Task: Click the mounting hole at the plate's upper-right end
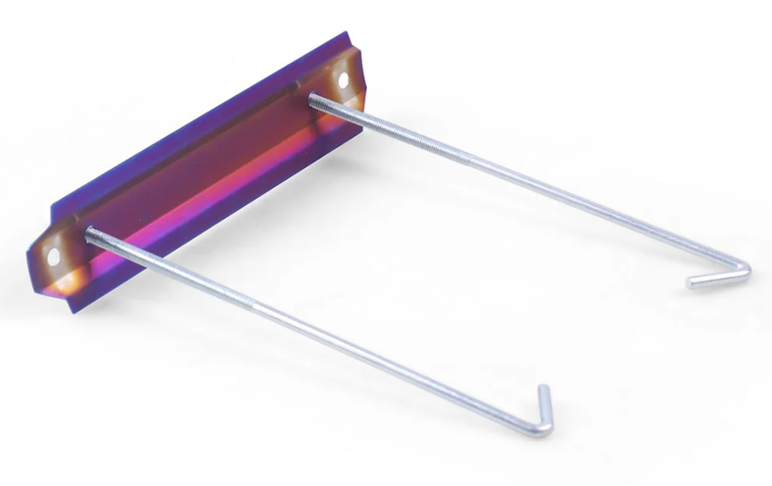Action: click(x=343, y=80)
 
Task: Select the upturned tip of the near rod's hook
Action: click(x=544, y=389)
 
